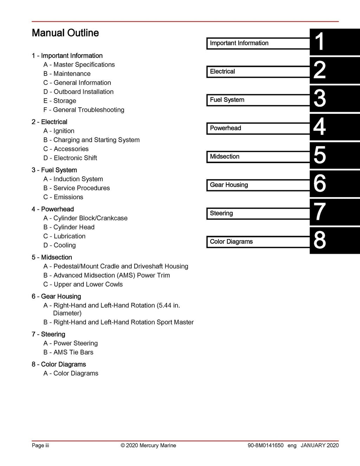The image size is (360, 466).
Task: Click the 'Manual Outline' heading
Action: (65, 33)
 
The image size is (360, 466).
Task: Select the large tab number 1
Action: (319, 42)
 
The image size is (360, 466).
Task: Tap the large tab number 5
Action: (319, 155)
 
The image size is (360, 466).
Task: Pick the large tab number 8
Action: (319, 240)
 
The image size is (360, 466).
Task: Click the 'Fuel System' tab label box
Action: (258, 100)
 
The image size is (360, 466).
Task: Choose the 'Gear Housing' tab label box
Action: (258, 185)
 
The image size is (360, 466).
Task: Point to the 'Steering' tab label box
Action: (258, 213)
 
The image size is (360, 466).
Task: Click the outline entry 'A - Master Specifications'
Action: (79, 65)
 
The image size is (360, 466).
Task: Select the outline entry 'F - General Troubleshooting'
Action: (84, 110)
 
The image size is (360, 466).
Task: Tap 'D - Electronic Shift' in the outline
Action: (70, 158)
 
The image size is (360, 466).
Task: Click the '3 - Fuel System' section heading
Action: (54, 170)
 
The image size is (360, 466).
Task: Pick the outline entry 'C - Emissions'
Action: (63, 197)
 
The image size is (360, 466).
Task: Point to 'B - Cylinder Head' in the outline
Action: (69, 227)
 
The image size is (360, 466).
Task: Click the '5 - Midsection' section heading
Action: (52, 257)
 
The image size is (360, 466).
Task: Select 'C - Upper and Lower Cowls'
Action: (83, 284)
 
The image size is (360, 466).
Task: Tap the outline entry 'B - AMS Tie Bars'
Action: (69, 352)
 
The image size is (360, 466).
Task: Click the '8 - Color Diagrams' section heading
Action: (59, 364)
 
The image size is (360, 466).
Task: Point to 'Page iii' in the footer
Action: (40, 446)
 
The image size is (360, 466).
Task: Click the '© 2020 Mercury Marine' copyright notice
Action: (148, 446)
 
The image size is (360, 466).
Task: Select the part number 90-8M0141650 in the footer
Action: (265, 446)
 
